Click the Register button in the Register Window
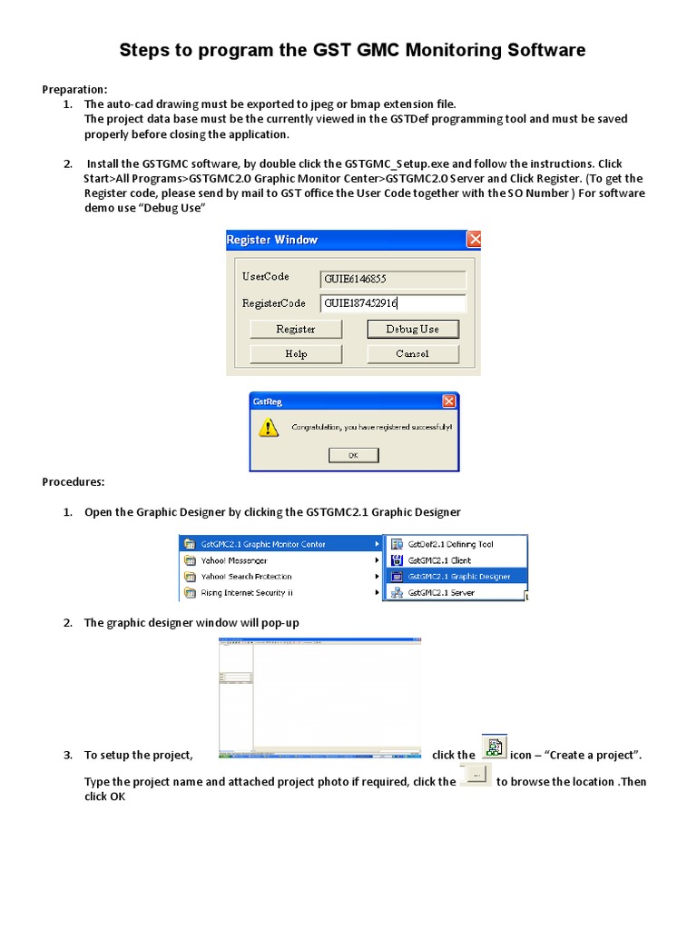click(x=295, y=329)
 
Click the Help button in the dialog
click(x=295, y=354)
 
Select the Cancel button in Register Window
click(x=412, y=354)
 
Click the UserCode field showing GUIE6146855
click(x=392, y=280)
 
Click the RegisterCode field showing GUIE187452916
click(x=392, y=303)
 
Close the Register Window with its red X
click(x=473, y=240)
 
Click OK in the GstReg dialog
click(x=353, y=456)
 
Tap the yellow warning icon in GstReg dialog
click(x=269, y=428)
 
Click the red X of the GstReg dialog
click(x=449, y=401)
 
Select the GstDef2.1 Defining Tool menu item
click(x=450, y=544)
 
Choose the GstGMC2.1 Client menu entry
click(x=439, y=560)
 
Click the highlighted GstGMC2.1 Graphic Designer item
click(x=458, y=576)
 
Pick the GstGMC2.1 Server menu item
click(x=440, y=592)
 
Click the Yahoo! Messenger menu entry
click(x=233, y=560)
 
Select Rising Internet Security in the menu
click(x=246, y=592)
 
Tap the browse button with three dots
click(x=476, y=776)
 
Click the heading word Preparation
click(x=74, y=89)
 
